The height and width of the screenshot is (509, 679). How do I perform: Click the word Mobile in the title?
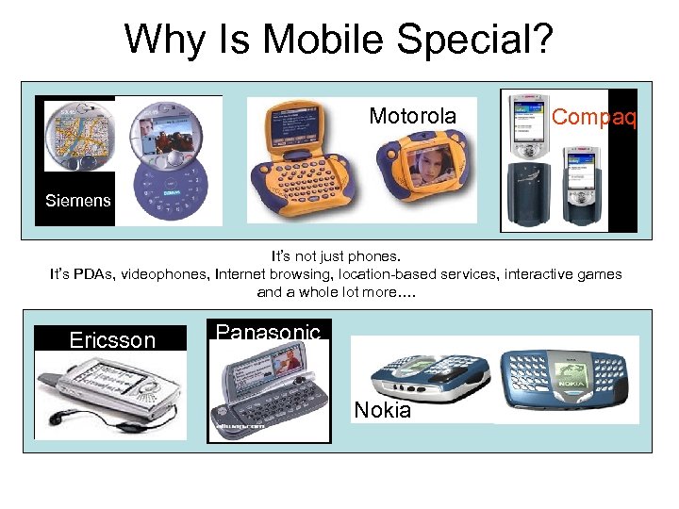click(x=315, y=39)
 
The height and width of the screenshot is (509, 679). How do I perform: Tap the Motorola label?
click(x=412, y=116)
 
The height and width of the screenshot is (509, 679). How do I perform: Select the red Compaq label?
click(x=594, y=116)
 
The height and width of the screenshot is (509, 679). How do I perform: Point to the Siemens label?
click(x=78, y=200)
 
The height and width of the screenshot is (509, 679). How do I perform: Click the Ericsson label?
click(x=112, y=340)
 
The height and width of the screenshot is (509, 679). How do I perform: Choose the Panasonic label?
click(x=268, y=332)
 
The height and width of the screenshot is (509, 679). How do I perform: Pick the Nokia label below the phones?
click(x=382, y=410)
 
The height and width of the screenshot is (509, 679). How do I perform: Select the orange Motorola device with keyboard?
click(x=303, y=170)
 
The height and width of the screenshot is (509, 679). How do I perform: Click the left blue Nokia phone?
click(x=429, y=376)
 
